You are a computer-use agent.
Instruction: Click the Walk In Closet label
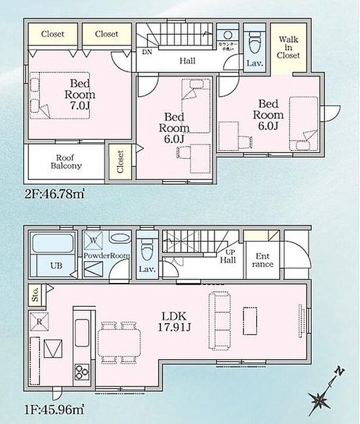(289, 48)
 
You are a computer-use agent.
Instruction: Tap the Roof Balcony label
(69, 161)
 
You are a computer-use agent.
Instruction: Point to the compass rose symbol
(319, 398)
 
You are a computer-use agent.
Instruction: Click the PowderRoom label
(106, 255)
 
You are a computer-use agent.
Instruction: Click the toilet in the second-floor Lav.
(254, 41)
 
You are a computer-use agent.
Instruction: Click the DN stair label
(147, 51)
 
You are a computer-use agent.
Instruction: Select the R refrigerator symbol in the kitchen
(39, 321)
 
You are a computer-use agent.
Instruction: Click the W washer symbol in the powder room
(93, 239)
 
